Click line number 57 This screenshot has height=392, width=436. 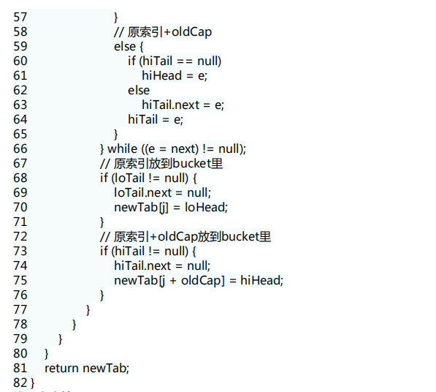20,18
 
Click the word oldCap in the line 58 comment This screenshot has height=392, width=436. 192,32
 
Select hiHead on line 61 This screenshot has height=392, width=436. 162,75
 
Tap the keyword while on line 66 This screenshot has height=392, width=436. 123,148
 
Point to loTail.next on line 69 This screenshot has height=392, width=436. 142,192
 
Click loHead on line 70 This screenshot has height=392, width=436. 206,208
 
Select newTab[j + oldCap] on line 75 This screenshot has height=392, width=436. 169,281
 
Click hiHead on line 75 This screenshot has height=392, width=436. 261,280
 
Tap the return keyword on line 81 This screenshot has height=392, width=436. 62,369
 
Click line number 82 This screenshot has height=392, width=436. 20,382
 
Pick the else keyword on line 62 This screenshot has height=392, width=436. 139,91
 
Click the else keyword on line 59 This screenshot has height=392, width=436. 125,47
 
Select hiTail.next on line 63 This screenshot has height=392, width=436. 171,105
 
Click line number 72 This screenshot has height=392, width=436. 20,237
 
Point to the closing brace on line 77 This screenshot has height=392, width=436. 88,310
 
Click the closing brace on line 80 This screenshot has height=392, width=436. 47,354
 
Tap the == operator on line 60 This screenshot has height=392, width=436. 185,61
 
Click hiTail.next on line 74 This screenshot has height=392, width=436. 142,266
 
